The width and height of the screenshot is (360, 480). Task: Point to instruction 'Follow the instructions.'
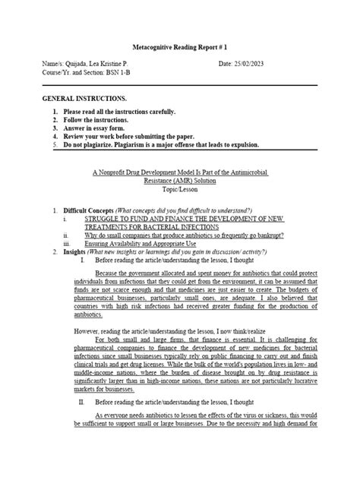pos(97,120)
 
